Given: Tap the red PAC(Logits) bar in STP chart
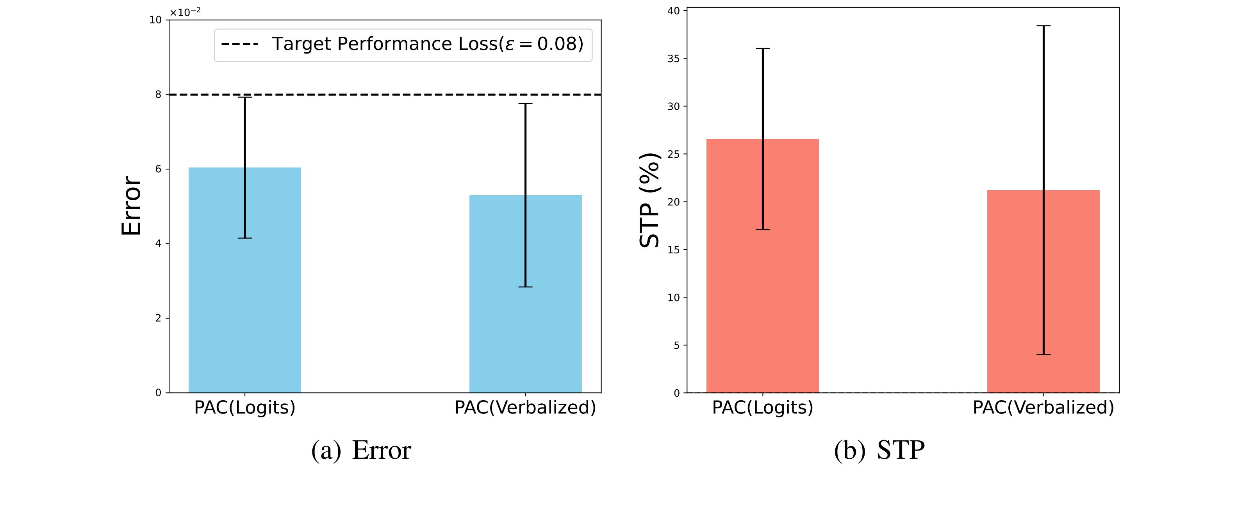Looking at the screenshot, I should click(x=735, y=271).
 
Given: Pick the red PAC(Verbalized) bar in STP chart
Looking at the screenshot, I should click(x=1015, y=299).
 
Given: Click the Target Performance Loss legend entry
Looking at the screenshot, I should click(x=403, y=44).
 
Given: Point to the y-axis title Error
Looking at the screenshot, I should click(x=131, y=205).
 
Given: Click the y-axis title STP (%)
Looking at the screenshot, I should click(x=649, y=200).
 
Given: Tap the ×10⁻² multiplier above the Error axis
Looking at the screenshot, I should click(x=185, y=12).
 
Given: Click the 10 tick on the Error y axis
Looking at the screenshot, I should click(x=155, y=20).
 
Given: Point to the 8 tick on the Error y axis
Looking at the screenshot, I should click(x=159, y=95).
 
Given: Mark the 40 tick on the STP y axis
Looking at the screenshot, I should click(x=674, y=11).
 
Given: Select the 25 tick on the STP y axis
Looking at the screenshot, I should click(x=674, y=154).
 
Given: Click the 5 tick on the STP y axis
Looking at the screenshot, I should click(x=677, y=346).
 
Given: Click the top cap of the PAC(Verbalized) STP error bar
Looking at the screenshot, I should click(x=1043, y=26).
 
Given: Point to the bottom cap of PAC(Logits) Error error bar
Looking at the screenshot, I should click(x=244, y=238).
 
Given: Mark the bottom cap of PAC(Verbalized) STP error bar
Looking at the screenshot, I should click(x=1043, y=355).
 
